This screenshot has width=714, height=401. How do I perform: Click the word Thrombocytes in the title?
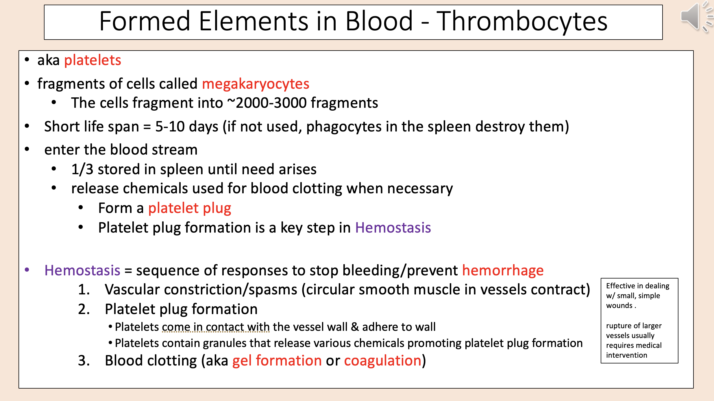521,21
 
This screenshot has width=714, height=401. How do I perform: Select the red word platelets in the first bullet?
93,60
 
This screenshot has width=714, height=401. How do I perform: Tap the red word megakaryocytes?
256,84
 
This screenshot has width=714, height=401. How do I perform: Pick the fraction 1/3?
82,169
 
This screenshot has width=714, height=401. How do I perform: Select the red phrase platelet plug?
189,208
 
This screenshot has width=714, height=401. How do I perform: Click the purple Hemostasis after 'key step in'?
393,228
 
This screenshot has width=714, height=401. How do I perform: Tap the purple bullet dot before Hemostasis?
27,270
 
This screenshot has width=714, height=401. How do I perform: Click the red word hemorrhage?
503,271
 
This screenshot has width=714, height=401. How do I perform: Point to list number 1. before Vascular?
84,290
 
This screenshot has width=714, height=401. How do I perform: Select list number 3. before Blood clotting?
84,361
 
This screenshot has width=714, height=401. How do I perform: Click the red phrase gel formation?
277,361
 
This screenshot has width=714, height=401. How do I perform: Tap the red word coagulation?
382,361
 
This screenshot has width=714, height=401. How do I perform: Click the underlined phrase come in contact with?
216,327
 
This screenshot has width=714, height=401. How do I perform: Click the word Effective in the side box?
620,286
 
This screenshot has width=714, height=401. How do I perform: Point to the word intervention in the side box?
626,355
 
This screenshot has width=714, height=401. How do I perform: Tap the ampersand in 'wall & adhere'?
355,327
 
